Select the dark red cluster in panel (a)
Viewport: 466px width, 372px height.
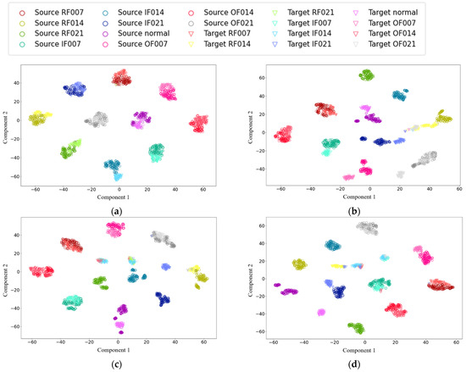[121, 80]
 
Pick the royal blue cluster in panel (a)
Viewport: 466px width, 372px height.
[78, 89]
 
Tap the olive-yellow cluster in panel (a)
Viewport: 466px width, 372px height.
[38, 119]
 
